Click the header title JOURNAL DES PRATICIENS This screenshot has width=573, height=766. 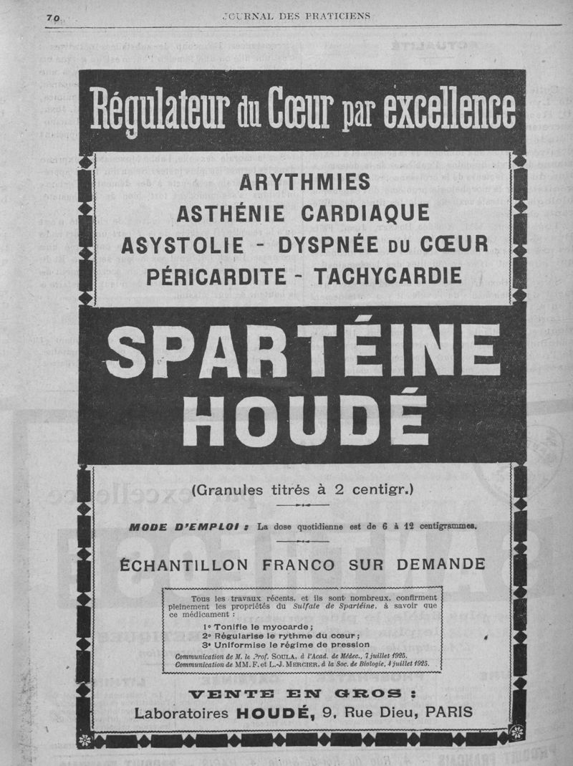(x=296, y=15)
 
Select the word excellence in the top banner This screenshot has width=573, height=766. (x=449, y=111)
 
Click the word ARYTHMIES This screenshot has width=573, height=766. (x=305, y=183)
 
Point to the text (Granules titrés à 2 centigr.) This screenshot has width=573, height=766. (x=303, y=491)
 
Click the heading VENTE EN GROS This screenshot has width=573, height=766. (x=302, y=694)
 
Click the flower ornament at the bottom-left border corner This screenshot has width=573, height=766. (x=85, y=738)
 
